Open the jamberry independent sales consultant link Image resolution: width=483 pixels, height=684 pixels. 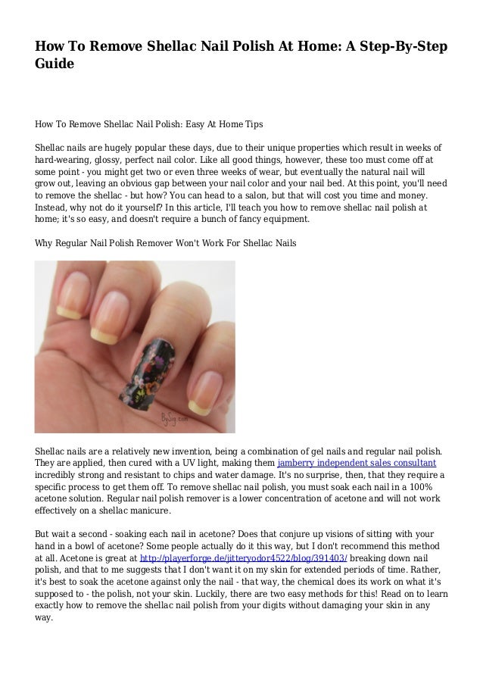coord(357,462)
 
